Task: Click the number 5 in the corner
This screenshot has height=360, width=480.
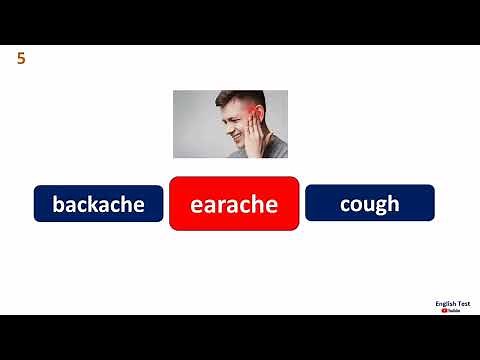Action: click(x=21, y=59)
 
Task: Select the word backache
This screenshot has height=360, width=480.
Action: click(x=98, y=204)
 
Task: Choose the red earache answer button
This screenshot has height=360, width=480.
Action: click(x=234, y=204)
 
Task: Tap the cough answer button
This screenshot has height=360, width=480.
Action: click(x=369, y=203)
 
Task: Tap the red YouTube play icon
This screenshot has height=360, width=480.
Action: click(x=444, y=310)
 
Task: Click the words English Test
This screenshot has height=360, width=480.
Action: click(x=453, y=302)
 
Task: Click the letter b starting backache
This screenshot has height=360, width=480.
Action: click(x=58, y=204)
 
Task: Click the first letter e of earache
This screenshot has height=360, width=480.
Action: click(x=197, y=205)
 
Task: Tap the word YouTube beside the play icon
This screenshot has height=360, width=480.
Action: click(x=456, y=311)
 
